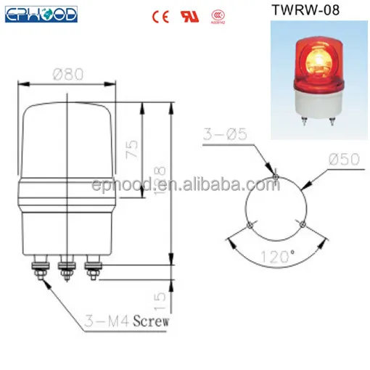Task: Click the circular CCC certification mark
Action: [x=215, y=15]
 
